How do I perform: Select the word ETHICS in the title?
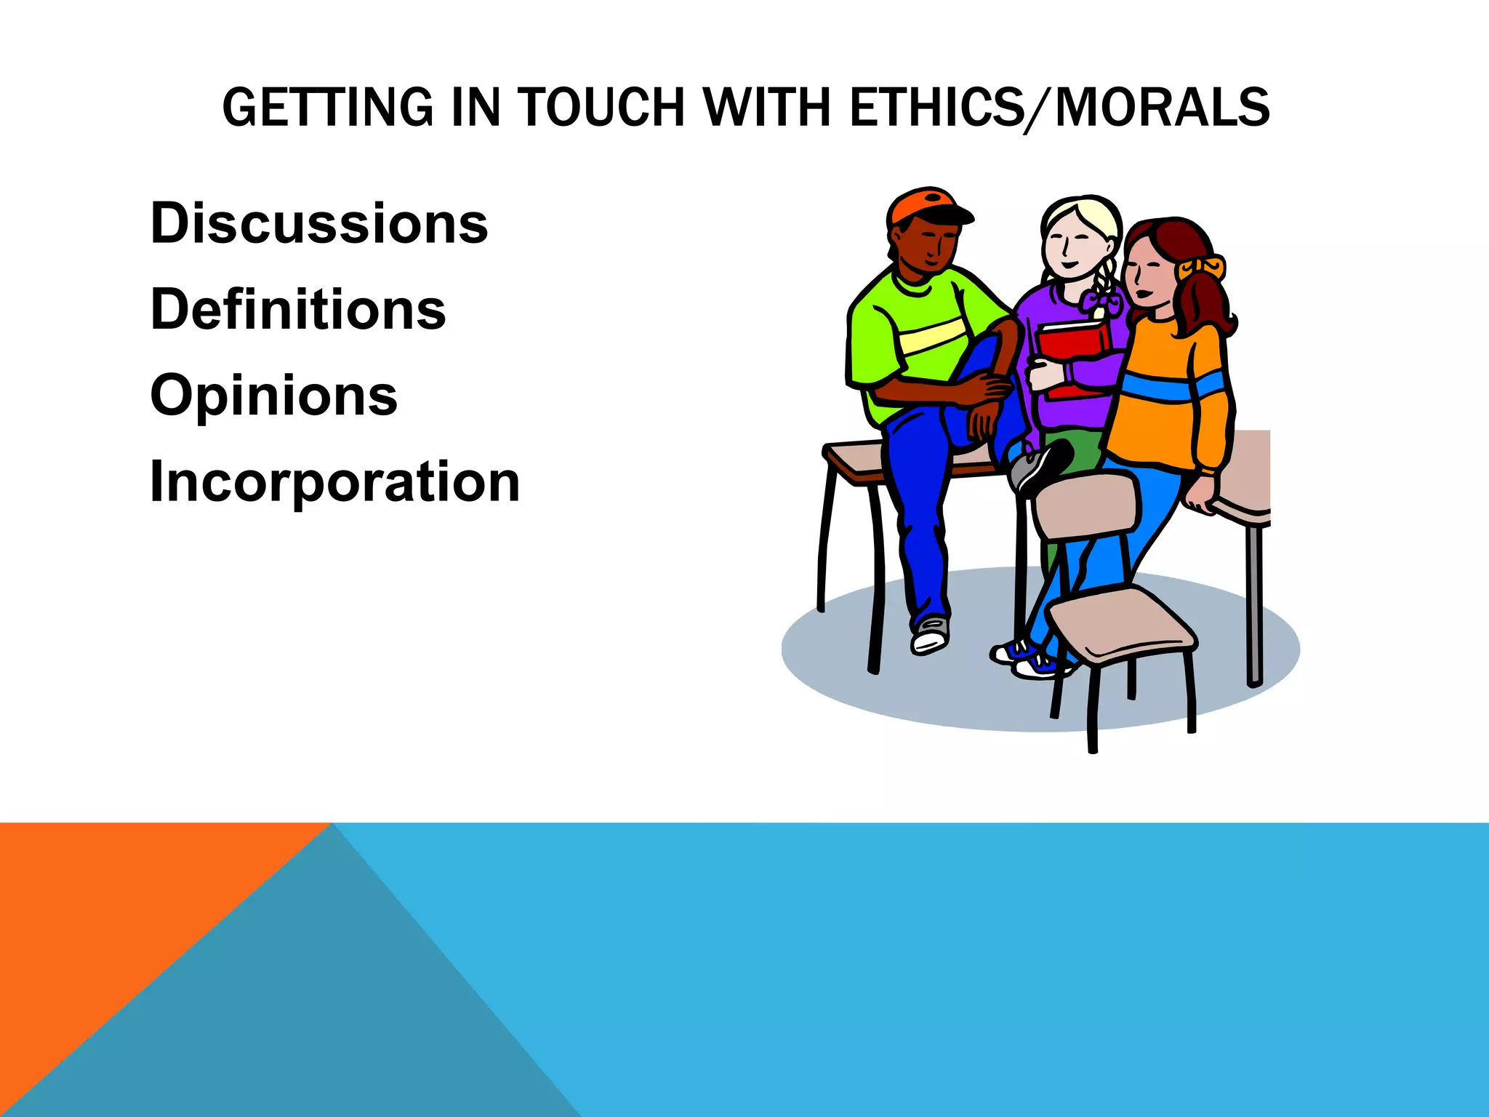[x=935, y=108]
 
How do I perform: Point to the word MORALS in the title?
[x=1162, y=108]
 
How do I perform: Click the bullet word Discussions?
[x=319, y=223]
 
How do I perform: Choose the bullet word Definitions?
[x=298, y=310]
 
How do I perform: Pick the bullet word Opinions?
[x=274, y=396]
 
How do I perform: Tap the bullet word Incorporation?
[x=334, y=482]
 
